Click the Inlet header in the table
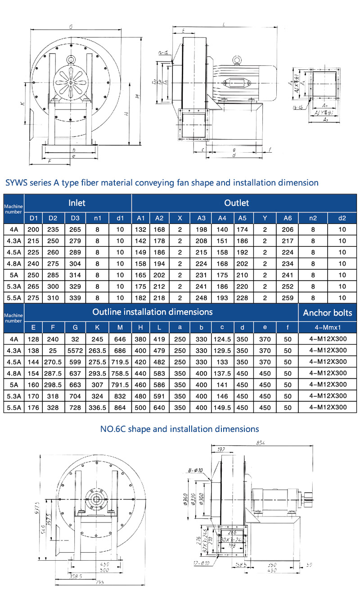click(x=77, y=203)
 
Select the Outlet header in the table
click(x=237, y=203)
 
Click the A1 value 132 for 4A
click(x=140, y=229)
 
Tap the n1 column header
click(x=97, y=218)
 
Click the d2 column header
click(x=342, y=218)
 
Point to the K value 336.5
click(x=98, y=408)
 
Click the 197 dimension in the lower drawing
click(x=220, y=449)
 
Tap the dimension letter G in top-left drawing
click(x=71, y=27)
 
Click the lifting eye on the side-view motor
click(x=237, y=59)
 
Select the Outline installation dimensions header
click(x=152, y=312)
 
